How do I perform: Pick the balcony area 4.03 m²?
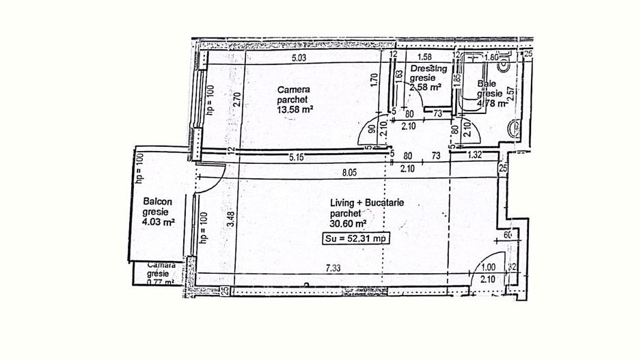pos(159,221)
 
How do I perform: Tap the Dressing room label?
pos(428,69)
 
